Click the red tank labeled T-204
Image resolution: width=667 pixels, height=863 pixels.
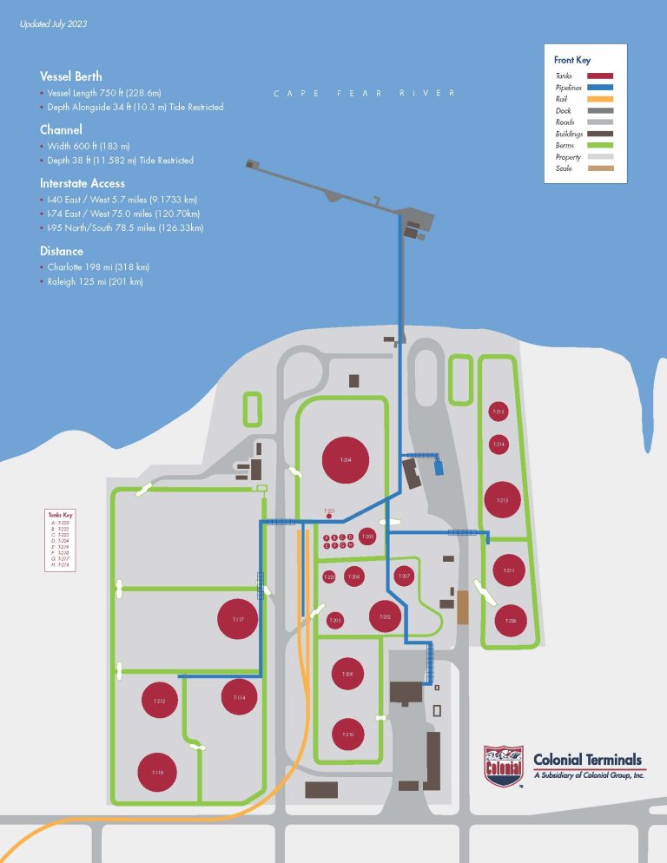(x=346, y=460)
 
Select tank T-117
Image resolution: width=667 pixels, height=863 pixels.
(x=238, y=620)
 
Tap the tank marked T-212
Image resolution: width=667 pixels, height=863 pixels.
(x=160, y=701)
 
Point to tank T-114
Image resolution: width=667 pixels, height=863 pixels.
(x=240, y=697)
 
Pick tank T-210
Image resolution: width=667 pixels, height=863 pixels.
(x=347, y=735)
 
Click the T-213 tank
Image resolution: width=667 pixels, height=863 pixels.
(x=502, y=500)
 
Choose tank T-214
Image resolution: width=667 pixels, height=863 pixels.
(x=499, y=445)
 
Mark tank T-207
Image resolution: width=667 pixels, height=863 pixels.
(x=405, y=576)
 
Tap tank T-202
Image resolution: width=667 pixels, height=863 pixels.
(x=386, y=616)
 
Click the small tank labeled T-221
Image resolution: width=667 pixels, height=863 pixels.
(x=329, y=516)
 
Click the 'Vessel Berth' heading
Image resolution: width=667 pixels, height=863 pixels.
(x=70, y=76)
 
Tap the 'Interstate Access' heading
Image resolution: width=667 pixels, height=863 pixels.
(x=82, y=183)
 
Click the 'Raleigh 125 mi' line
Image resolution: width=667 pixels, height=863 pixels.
(x=95, y=282)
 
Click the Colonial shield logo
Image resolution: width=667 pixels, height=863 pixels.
(x=504, y=765)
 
